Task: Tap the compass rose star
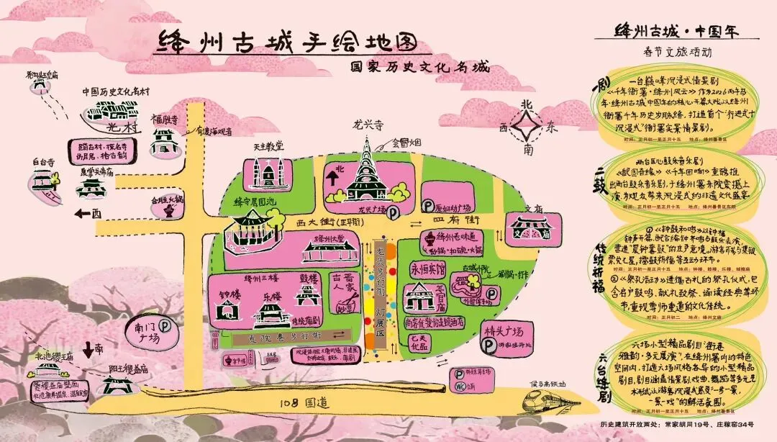(529, 127)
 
